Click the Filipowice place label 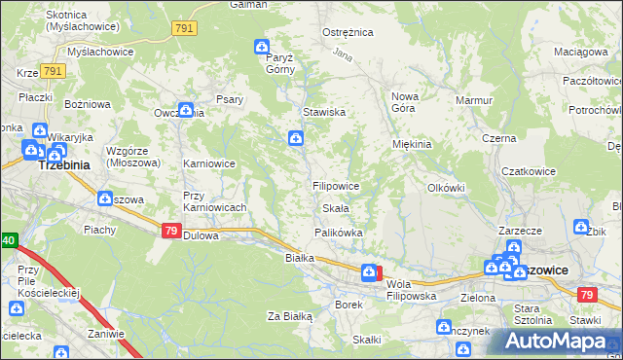(x=337, y=185)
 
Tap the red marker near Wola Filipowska (x=379, y=273)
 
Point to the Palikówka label (x=339, y=233)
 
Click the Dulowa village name (x=201, y=234)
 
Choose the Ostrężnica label (x=348, y=32)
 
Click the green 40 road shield (x=8, y=239)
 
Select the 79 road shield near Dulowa (x=170, y=231)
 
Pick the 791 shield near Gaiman (x=184, y=29)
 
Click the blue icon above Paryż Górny (x=262, y=45)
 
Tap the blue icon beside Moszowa (x=104, y=198)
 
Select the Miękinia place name (x=412, y=144)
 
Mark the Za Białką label (x=289, y=316)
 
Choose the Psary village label (x=230, y=99)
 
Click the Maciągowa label (x=580, y=51)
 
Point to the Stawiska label (x=324, y=112)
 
